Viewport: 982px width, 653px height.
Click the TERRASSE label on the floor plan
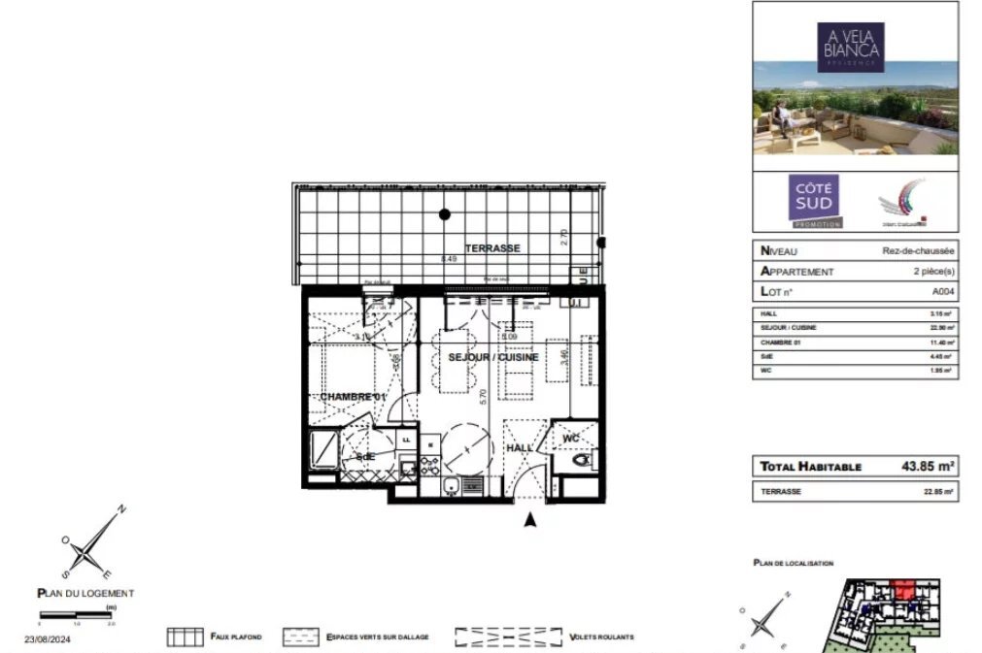491,248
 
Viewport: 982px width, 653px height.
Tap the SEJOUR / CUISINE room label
492,358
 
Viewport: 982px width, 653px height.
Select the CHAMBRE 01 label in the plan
354,398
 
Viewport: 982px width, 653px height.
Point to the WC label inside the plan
571,439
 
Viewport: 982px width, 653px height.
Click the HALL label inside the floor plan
519,447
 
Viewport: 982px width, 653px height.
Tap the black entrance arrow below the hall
529,520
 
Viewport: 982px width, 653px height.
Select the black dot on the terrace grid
445,213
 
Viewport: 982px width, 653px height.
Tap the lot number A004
943,291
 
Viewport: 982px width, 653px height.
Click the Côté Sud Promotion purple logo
814,202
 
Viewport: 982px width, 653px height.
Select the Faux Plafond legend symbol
185,637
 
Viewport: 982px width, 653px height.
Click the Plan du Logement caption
85,593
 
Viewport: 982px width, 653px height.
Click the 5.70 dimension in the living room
482,396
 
